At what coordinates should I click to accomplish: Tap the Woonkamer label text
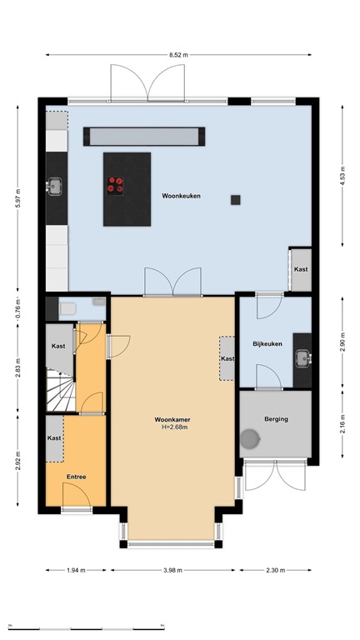point(172,419)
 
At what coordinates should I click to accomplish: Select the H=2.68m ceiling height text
point(172,428)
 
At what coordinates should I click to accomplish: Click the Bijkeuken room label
point(268,344)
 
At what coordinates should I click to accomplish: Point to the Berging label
point(276,419)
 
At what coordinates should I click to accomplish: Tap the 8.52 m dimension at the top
point(179,54)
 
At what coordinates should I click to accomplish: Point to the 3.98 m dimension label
point(172,571)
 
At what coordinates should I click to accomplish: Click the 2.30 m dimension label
point(275,571)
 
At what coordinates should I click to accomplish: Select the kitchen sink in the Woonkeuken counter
point(56,187)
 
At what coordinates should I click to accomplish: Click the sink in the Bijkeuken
point(302,359)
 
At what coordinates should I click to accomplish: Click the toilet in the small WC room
point(67,309)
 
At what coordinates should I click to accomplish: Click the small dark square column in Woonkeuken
point(236,199)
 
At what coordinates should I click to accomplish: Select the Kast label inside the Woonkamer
point(227,358)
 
